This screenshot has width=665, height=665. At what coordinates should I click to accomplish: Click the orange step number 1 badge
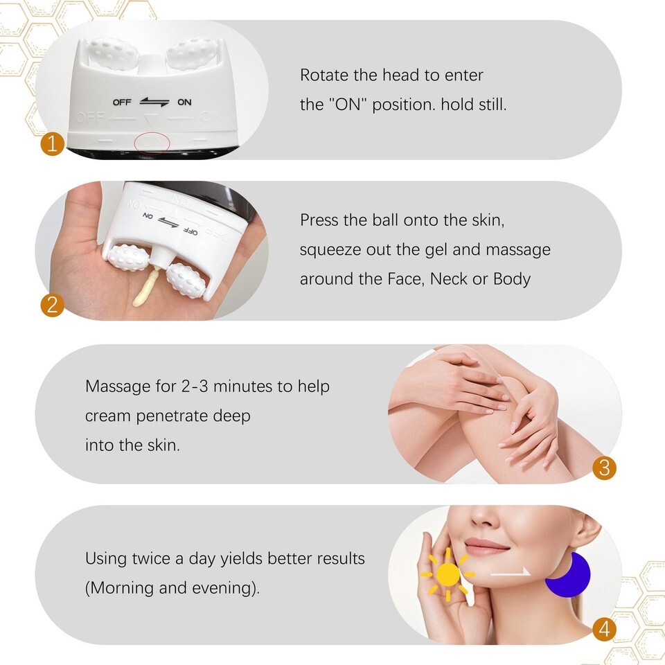(x=52, y=144)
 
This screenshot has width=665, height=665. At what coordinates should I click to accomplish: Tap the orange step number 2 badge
(x=52, y=305)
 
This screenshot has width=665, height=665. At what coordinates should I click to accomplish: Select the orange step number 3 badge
(x=604, y=468)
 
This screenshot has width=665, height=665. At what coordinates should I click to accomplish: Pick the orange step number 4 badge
(x=604, y=629)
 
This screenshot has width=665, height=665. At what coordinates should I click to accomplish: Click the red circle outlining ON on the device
(x=152, y=144)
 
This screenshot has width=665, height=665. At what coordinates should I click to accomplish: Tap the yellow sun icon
(x=448, y=575)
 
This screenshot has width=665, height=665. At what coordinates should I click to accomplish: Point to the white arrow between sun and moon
(x=511, y=573)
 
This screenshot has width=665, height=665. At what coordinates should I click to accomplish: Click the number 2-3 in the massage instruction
(x=195, y=387)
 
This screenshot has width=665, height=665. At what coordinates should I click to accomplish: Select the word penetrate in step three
(x=172, y=416)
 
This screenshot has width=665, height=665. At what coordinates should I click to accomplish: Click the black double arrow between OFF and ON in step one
(x=154, y=102)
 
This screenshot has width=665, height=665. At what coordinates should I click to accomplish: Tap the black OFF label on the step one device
(x=122, y=103)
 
